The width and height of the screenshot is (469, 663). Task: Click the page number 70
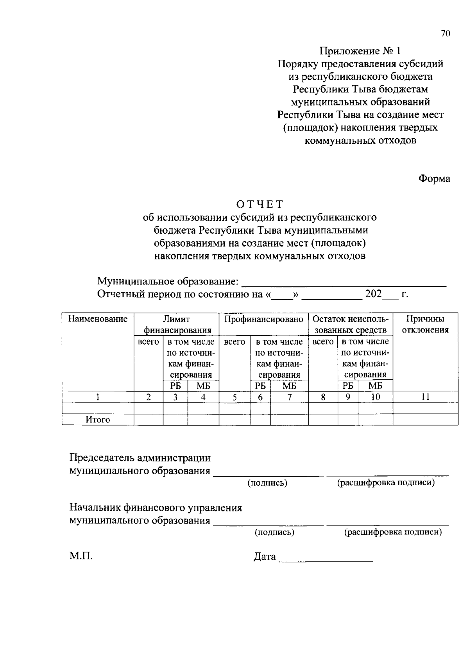(x=446, y=34)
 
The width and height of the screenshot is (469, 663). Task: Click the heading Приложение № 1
(x=360, y=51)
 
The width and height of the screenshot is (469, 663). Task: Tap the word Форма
(x=434, y=179)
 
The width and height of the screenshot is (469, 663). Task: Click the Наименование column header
(x=98, y=319)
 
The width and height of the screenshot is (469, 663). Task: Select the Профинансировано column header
(x=263, y=319)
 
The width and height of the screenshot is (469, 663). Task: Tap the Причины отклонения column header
(x=425, y=324)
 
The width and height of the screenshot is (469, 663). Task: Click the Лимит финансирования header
(x=176, y=324)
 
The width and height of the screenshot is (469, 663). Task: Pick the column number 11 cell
(x=425, y=397)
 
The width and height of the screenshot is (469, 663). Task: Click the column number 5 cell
(x=234, y=397)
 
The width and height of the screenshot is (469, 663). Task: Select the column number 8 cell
(x=323, y=397)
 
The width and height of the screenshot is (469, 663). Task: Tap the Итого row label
(x=98, y=420)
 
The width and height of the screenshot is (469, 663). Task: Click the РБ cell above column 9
(x=347, y=386)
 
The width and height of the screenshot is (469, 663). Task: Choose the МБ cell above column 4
(x=203, y=386)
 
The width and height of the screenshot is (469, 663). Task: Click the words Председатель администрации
(x=140, y=457)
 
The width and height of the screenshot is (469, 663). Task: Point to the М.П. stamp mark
(x=81, y=556)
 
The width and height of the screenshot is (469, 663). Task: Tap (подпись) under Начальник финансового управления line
(x=274, y=532)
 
